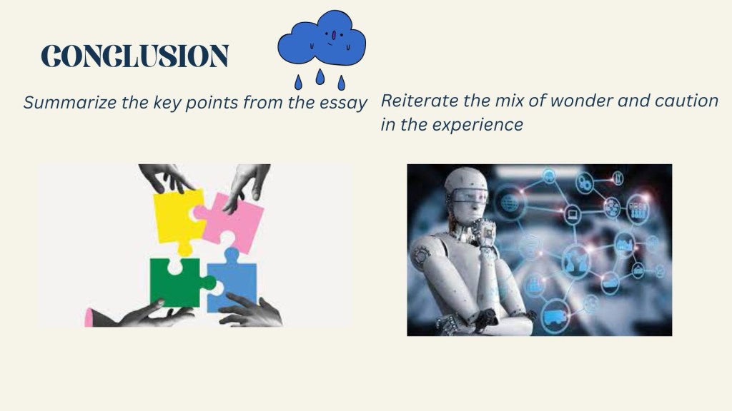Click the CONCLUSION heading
pyautogui.click(x=134, y=56)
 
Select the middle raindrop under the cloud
pyautogui.click(x=320, y=76)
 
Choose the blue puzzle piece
pyautogui.click(x=232, y=280)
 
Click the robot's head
pyautogui.click(x=466, y=194)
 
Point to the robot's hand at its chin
pyautogui.click(x=484, y=231)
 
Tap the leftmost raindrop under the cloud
pyautogui.click(x=298, y=83)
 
